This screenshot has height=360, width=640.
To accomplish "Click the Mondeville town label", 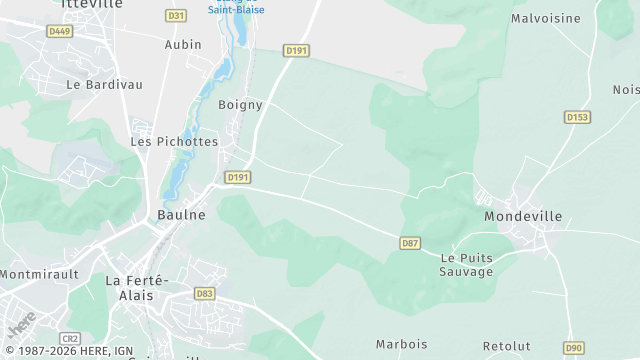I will pyautogui.click(x=522, y=216).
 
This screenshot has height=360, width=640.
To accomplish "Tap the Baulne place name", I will pyautogui.click(x=181, y=214).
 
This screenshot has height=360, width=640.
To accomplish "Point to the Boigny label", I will pyautogui.click(x=240, y=104).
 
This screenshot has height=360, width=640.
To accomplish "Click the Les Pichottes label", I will pyautogui.click(x=174, y=142).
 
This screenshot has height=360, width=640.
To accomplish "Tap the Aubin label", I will pyautogui.click(x=183, y=45).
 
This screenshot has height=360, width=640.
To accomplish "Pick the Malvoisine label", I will pyautogui.click(x=546, y=18).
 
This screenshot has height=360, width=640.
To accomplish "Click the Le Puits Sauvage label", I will pyautogui.click(x=467, y=265).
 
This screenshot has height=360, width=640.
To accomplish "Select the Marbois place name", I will pyautogui.click(x=401, y=344).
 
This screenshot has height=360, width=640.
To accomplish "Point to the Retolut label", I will pyautogui.click(x=506, y=346).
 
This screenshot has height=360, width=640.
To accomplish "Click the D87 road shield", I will pyautogui.click(x=409, y=243).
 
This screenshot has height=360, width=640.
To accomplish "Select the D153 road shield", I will pyautogui.click(x=577, y=117).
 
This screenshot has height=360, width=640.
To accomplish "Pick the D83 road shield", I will pyautogui.click(x=205, y=293).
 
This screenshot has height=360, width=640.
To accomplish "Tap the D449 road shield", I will pyautogui.click(x=60, y=31).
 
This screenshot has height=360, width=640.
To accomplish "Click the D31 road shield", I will pyautogui.click(x=176, y=16).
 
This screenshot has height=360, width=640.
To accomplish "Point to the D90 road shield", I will pyautogui.click(x=573, y=348).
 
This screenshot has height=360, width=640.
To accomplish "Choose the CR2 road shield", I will pyautogui.click(x=69, y=339).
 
